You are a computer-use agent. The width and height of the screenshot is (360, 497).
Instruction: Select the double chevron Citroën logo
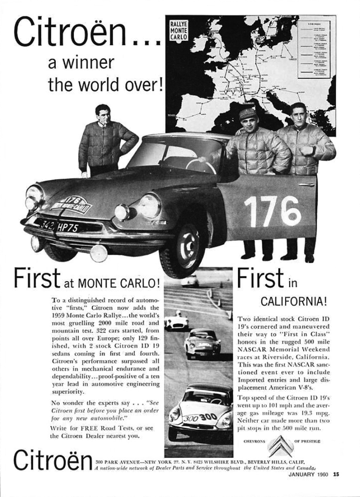pyautogui.click(x=279, y=447)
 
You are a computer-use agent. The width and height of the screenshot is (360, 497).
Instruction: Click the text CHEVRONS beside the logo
pyautogui.click(x=253, y=442)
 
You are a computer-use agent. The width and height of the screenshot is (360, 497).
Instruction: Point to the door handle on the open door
pyautogui.click(x=306, y=184)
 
